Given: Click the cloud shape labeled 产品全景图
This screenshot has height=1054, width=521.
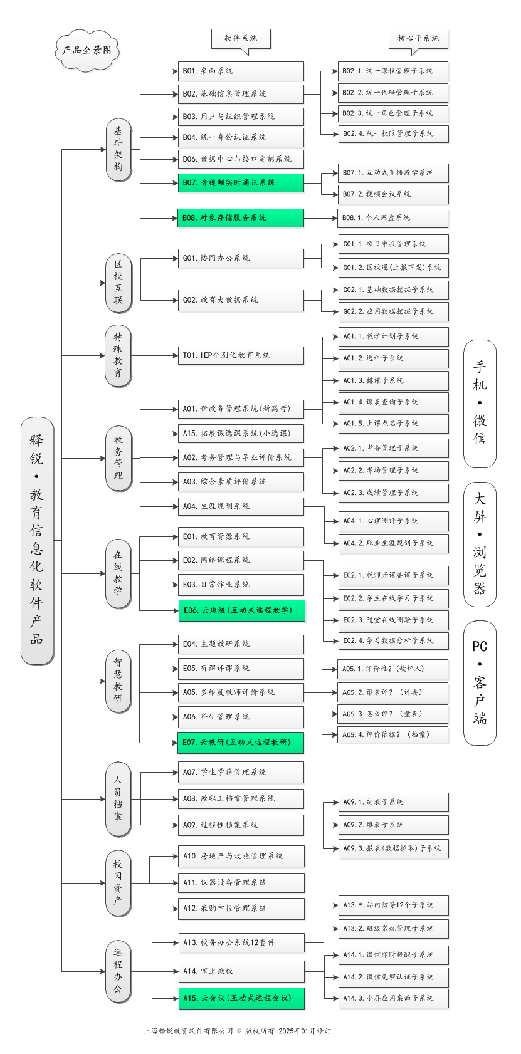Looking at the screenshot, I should [87, 50].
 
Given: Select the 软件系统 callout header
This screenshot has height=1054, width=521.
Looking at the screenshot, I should [241, 38].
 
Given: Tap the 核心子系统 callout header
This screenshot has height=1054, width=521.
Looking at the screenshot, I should [418, 38].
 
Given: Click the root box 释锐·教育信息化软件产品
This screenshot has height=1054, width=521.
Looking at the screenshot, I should [37, 540].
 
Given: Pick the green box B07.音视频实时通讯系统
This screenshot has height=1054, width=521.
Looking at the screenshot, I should [241, 183].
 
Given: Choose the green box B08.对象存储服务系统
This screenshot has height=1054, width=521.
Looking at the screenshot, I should [241, 218].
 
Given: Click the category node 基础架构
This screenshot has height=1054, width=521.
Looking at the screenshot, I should [118, 149].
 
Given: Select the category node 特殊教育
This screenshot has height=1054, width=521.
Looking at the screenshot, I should [118, 355].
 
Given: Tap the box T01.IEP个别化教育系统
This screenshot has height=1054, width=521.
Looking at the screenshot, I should [241, 355].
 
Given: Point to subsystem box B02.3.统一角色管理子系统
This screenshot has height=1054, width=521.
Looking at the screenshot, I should [393, 113].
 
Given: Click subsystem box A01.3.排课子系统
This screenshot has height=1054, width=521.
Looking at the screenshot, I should [393, 380].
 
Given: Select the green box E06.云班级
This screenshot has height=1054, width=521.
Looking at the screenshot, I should [241, 610].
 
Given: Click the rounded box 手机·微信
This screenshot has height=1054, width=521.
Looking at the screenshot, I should [480, 404].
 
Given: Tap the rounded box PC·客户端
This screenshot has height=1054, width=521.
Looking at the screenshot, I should [480, 682].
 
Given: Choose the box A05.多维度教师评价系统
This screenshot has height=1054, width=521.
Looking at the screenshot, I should [241, 692].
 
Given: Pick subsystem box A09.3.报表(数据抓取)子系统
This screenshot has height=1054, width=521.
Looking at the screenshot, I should [394, 848].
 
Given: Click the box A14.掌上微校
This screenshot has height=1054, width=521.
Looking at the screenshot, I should [241, 971].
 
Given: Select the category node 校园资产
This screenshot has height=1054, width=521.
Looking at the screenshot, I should [118, 883].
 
